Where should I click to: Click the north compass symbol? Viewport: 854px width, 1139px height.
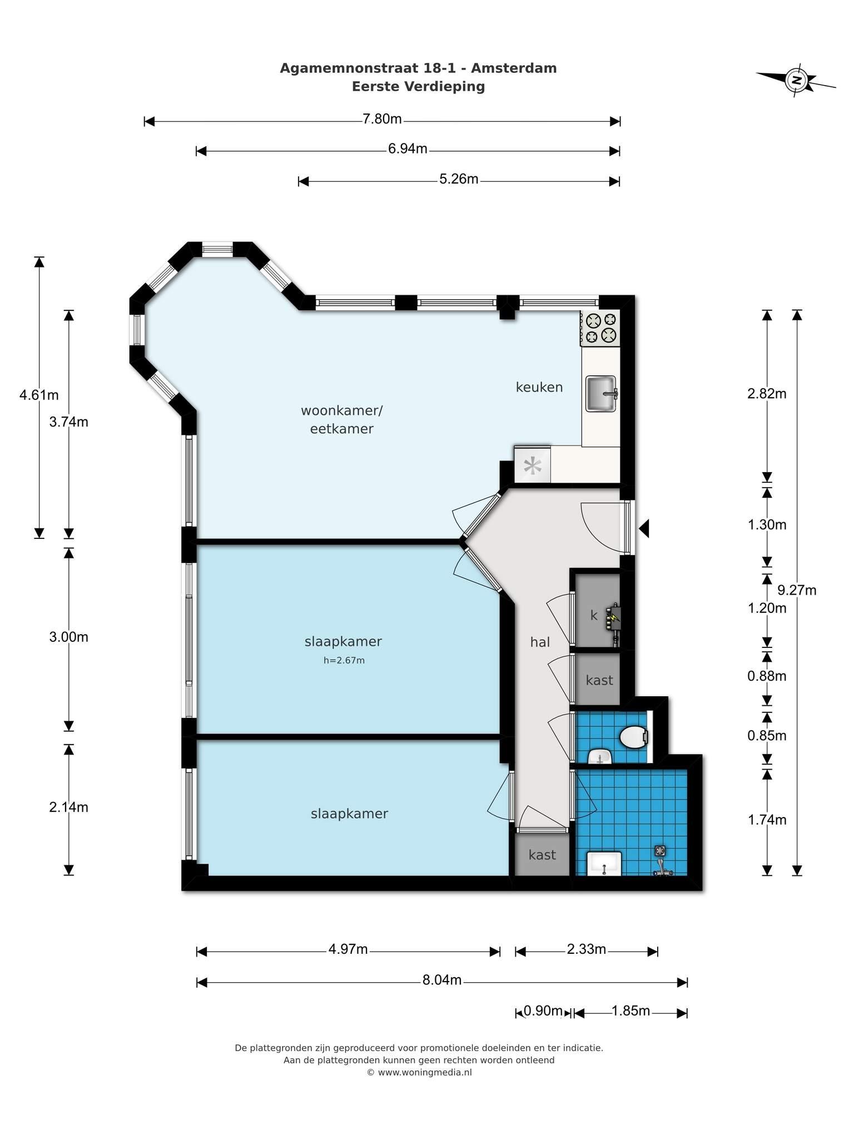(x=797, y=80)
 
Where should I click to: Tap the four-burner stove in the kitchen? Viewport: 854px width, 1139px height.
(x=600, y=328)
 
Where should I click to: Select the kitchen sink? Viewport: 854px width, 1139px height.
(x=602, y=394)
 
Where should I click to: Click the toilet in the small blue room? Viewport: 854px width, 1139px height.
(x=634, y=737)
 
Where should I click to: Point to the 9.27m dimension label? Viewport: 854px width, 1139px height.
(x=797, y=590)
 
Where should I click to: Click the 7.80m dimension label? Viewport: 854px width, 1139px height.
(x=382, y=119)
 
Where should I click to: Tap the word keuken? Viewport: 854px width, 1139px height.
(x=539, y=387)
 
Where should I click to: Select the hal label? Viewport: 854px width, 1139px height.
(x=540, y=642)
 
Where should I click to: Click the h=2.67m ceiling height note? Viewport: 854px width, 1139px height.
(x=344, y=661)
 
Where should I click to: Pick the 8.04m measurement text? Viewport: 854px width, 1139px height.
(x=442, y=980)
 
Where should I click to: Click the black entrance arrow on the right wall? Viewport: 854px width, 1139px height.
(x=644, y=528)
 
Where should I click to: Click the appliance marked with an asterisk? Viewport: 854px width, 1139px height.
(x=533, y=465)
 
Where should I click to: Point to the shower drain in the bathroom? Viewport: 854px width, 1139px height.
(x=660, y=850)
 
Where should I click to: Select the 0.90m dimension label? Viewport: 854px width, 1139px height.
(x=544, y=1011)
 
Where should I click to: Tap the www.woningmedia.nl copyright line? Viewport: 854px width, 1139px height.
(x=419, y=1072)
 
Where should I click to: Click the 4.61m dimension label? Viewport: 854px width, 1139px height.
(x=39, y=395)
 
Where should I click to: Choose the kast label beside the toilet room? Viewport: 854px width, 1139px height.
(x=599, y=680)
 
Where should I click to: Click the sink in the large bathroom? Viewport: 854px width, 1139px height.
(x=604, y=863)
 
